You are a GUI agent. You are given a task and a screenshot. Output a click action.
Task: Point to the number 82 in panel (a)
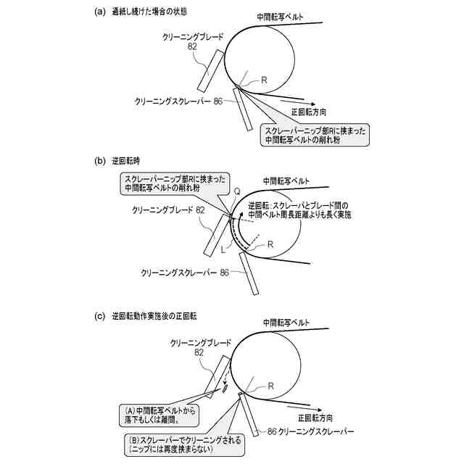pos(191,46)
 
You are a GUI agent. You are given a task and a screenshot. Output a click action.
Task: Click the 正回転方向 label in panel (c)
pos(312,418)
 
